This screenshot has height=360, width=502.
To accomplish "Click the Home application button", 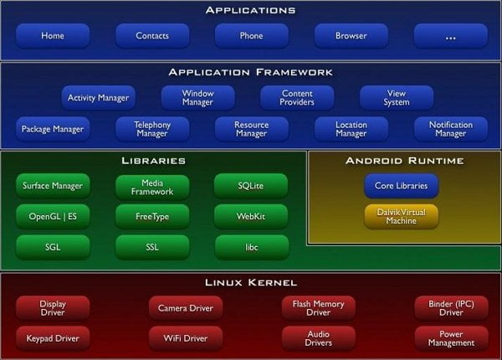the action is (x=53, y=35).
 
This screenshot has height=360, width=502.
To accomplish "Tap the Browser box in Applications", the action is (x=351, y=35).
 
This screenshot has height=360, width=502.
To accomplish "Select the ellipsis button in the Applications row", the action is (x=451, y=35).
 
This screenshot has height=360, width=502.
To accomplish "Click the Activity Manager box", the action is (x=98, y=97).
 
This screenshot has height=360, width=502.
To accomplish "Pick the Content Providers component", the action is (x=297, y=97).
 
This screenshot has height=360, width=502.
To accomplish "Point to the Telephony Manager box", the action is (x=152, y=129).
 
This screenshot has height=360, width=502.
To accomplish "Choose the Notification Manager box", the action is (x=451, y=129).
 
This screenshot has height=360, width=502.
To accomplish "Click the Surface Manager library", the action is (x=53, y=186).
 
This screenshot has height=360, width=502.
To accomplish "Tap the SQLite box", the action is (x=251, y=186).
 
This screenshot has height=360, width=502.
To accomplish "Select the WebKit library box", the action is (x=251, y=216).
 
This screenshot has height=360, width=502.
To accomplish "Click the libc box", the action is (x=252, y=247).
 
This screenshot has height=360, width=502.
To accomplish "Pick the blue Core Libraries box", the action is (x=401, y=186).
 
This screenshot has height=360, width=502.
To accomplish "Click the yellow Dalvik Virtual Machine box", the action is (x=401, y=216).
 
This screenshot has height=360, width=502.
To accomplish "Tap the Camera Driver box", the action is (x=186, y=308).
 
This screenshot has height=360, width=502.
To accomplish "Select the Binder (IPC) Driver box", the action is (x=452, y=308).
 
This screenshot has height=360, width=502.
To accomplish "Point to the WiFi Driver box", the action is (x=186, y=338).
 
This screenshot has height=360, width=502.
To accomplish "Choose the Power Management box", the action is (x=452, y=338).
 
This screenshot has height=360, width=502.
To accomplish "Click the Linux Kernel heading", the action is (x=251, y=282).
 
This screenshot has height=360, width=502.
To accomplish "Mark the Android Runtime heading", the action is (x=405, y=161).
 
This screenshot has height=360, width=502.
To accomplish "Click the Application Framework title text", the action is (x=251, y=72).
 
